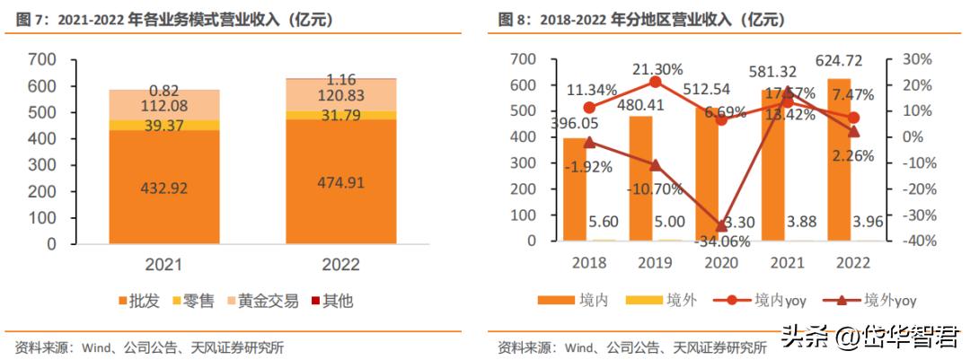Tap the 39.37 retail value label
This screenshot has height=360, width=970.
tap(164, 126)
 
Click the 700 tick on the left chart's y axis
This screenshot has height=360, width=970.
tap(42, 60)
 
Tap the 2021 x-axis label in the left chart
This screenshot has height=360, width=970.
tap(164, 265)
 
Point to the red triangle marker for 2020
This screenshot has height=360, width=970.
tap(721, 225)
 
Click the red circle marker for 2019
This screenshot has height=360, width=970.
tap(655, 82)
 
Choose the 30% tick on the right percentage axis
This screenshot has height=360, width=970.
tap(917, 59)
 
